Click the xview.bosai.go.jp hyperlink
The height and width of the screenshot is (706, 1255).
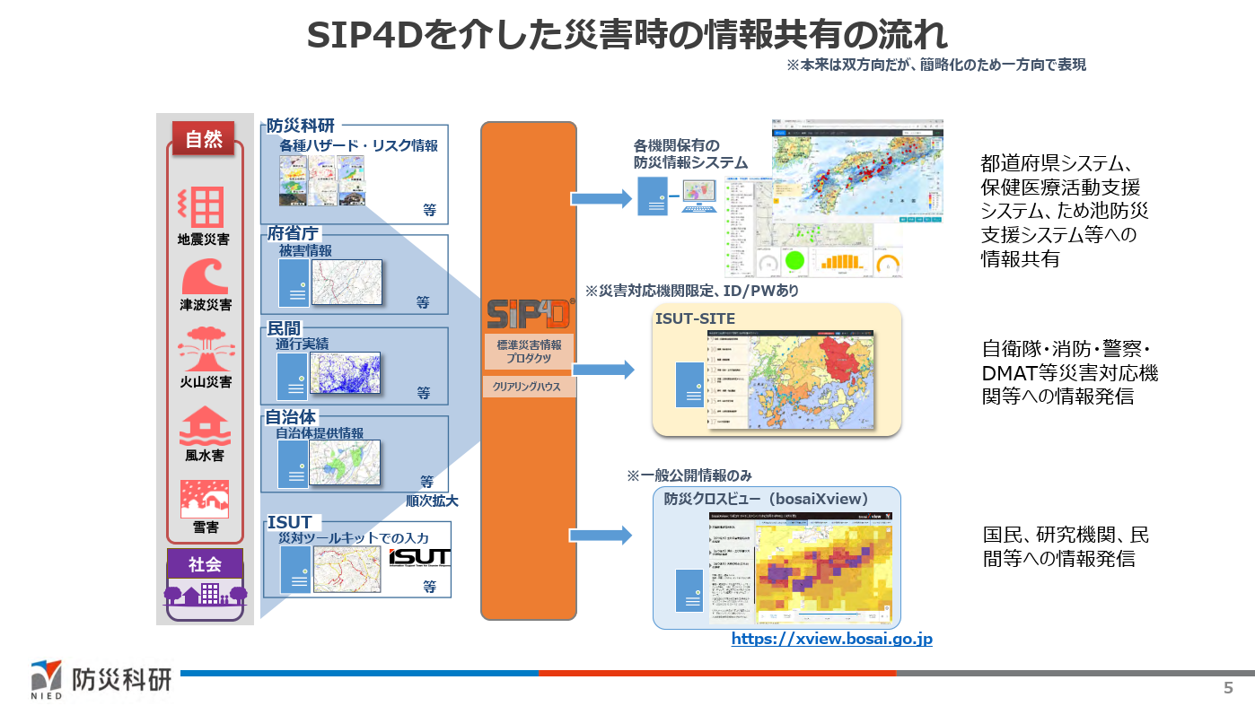point(831,639)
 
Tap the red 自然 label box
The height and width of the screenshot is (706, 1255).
point(204,139)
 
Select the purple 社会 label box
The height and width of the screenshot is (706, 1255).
point(205,564)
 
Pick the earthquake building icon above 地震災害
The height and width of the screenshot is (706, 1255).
point(204,207)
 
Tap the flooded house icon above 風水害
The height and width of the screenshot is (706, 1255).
point(205,426)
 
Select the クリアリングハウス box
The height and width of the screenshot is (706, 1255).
point(529,388)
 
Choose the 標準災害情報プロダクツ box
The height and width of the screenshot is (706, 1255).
point(529,351)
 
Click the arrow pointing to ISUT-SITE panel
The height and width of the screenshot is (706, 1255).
point(602,369)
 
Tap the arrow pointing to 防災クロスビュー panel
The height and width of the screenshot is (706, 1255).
point(602,535)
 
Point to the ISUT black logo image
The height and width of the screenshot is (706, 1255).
point(419,558)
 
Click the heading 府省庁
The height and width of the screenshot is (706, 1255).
point(293,233)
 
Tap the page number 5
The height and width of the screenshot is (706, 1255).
point(1228,688)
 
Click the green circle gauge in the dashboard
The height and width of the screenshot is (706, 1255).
point(794,263)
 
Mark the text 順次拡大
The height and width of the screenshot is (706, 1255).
point(426,501)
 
